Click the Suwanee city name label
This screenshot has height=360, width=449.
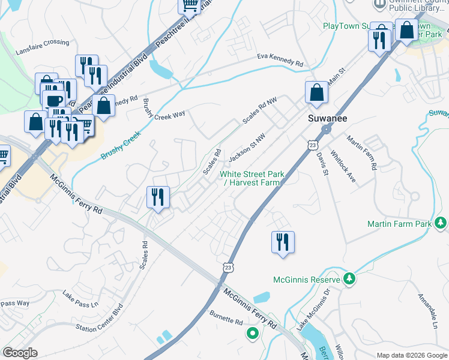pyautogui.click(x=325, y=118)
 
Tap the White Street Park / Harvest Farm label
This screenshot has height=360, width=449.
pyautogui.click(x=252, y=178)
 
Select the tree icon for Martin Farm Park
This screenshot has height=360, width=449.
pyautogui.click(x=441, y=224)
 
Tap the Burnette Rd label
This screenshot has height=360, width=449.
pyautogui.click(x=226, y=317)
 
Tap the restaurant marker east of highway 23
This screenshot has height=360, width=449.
pyautogui.click(x=283, y=242)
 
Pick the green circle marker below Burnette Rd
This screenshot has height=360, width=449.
pyautogui.click(x=253, y=333)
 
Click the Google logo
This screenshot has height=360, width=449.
pyautogui.click(x=20, y=353)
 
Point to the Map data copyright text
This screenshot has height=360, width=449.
pyautogui.click(x=411, y=355)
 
